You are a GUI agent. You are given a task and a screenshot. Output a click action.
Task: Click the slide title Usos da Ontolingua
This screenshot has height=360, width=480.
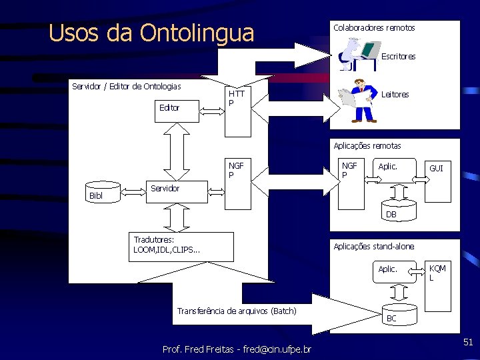coord(152,33)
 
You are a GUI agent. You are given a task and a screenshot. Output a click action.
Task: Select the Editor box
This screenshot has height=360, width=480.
coord(177,107)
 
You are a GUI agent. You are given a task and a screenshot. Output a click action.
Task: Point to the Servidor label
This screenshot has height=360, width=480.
coord(165,188)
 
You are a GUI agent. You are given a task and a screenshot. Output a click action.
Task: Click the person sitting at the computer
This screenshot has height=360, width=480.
coord(358,53)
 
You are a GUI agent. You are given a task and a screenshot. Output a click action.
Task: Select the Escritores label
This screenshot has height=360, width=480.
coord(398,57)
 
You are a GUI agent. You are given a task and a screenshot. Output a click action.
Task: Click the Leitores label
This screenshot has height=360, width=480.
coord(395,95)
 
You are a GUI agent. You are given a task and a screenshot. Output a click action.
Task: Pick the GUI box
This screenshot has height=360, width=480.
coord(437,180)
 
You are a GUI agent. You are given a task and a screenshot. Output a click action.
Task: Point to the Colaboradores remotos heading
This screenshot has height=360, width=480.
coord(374,28)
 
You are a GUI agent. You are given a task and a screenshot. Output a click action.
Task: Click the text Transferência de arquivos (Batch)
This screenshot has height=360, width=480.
coord(237,311)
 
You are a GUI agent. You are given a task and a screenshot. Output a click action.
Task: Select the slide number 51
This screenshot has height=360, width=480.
coord(468,342)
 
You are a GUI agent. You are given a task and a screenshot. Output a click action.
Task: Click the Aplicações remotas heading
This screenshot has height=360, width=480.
coord(367,145)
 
